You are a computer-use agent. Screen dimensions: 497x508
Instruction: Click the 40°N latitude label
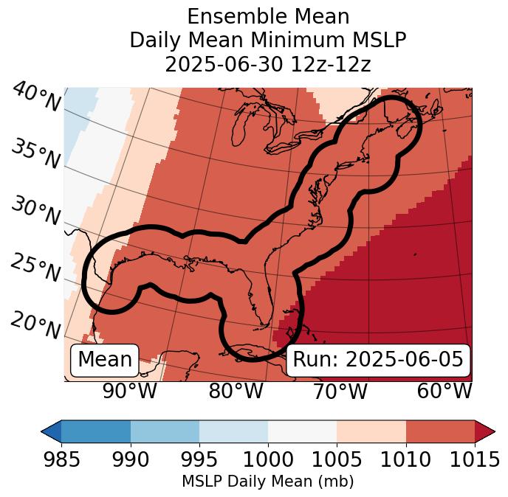(x=35, y=97)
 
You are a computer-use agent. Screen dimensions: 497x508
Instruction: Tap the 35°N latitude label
(x=35, y=153)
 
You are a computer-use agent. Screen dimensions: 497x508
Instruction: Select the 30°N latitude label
(x=35, y=211)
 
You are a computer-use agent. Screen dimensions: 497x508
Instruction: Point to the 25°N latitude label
(x=35, y=268)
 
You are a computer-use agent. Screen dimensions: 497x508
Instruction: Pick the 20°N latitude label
(x=35, y=324)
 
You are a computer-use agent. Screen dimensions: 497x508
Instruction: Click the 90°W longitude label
(x=129, y=392)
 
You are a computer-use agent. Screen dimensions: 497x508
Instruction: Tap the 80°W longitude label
(x=236, y=392)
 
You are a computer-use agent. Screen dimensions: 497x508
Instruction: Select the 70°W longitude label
(x=340, y=392)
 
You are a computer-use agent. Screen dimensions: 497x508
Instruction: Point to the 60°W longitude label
(x=444, y=392)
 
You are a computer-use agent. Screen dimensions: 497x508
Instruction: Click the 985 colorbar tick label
(x=61, y=459)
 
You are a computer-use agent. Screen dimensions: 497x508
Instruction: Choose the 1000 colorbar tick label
(x=268, y=459)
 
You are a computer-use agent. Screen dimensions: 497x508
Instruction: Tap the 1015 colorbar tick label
(x=475, y=459)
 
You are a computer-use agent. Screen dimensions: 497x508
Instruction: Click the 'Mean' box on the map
(x=105, y=360)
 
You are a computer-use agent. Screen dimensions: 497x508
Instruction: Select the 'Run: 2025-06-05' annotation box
(x=378, y=360)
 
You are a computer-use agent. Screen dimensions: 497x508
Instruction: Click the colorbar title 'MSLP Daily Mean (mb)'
(x=267, y=482)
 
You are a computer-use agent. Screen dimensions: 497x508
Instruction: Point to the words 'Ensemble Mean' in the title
(x=268, y=16)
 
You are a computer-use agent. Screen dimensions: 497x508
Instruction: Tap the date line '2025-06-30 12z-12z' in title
(x=268, y=64)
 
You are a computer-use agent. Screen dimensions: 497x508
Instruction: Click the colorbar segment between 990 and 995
(x=165, y=431)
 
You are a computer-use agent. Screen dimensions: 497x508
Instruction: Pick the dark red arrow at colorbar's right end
(x=484, y=431)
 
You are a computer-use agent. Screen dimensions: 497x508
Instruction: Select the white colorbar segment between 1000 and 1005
(x=302, y=431)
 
